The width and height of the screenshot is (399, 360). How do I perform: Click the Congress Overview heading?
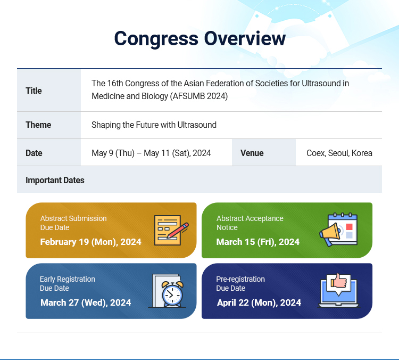[x=199, y=38]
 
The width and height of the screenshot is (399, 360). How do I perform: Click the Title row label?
[x=34, y=91]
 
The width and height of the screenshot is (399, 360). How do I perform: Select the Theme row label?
[x=38, y=125]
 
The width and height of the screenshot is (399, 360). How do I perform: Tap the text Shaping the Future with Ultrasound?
[x=154, y=125]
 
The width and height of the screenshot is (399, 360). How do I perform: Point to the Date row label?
[x=34, y=153]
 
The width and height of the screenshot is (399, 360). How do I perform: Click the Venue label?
[x=252, y=153]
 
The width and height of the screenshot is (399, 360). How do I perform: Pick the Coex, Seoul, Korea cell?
[x=339, y=153]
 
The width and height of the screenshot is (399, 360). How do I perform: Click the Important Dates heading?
[x=55, y=181]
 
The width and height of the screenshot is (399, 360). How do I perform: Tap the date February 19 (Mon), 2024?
[x=90, y=242]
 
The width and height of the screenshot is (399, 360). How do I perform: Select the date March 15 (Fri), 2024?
[x=258, y=242]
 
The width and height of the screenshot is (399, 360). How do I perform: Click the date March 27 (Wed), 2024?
[x=86, y=302]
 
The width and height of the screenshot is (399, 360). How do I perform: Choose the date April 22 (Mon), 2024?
[x=259, y=302]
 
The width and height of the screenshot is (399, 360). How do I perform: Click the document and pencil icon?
[x=171, y=230]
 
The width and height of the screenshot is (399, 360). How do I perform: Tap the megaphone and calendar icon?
[x=338, y=230]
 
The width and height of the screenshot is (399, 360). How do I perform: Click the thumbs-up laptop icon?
[x=338, y=290]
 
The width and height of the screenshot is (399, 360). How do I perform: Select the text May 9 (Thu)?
[x=113, y=153]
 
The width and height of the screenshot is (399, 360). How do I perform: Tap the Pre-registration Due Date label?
[x=240, y=283]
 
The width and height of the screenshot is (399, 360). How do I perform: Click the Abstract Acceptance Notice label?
[x=250, y=223]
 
